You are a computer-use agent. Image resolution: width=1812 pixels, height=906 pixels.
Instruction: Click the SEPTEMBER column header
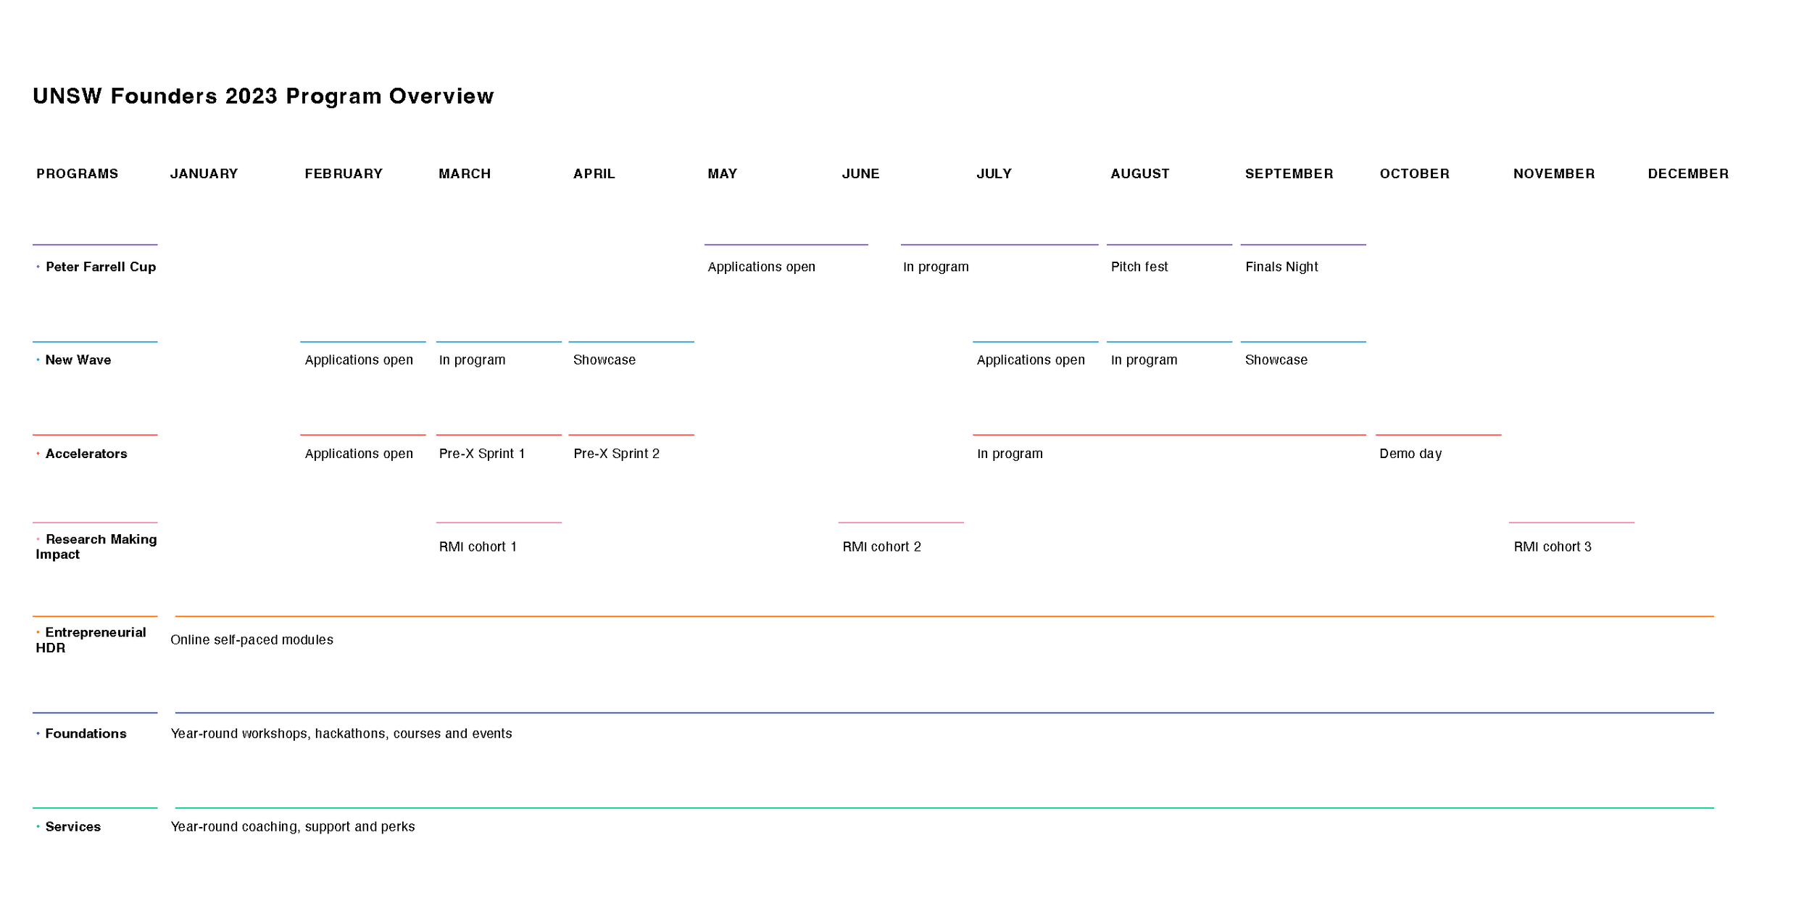click(x=1289, y=174)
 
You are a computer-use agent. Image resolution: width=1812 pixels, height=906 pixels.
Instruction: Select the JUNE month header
click(x=860, y=174)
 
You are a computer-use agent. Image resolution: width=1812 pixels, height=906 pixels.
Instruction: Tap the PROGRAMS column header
click(x=78, y=174)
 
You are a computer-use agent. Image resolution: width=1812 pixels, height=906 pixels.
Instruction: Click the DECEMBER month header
click(x=1688, y=174)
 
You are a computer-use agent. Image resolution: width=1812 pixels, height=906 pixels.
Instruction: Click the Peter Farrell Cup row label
click(x=101, y=267)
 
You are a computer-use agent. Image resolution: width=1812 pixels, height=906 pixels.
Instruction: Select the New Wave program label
click(x=78, y=360)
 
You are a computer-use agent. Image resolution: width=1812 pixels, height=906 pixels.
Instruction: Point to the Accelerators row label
click(x=86, y=454)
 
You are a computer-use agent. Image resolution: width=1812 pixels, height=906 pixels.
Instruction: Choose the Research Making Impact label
click(x=96, y=546)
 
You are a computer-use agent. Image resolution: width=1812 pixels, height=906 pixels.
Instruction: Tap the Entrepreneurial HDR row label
click(x=91, y=640)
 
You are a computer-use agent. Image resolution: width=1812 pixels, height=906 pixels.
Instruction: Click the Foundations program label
click(x=86, y=733)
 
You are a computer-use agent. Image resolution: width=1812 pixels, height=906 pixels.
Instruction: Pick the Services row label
click(x=73, y=827)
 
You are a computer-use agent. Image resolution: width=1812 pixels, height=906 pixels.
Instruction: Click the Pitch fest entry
click(x=1139, y=267)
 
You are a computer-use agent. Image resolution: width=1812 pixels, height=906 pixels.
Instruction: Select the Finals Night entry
click(x=1281, y=267)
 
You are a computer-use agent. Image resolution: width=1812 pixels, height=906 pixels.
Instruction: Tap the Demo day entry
click(x=1410, y=454)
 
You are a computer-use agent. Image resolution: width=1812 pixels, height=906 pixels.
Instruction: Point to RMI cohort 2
click(x=881, y=547)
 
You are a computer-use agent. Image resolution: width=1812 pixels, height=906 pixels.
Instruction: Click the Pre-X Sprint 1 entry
click(x=481, y=454)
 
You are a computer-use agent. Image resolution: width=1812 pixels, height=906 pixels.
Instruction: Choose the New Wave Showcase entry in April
click(x=604, y=360)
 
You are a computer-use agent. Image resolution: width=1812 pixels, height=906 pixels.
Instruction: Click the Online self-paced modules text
click(x=252, y=640)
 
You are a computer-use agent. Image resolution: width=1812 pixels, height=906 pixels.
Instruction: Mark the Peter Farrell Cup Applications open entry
click(x=761, y=267)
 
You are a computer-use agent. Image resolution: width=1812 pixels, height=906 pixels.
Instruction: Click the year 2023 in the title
click(x=252, y=96)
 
